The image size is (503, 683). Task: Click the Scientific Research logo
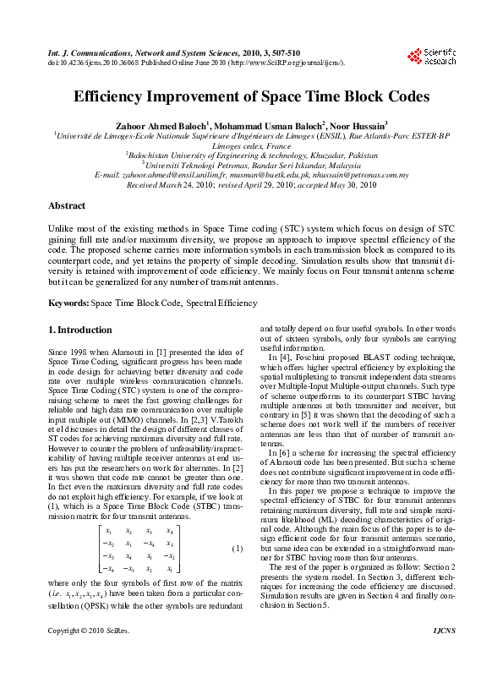pyautogui.click(x=435, y=57)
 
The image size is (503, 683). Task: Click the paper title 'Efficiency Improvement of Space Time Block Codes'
pyautogui.click(x=251, y=97)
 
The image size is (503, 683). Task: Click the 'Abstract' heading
pyautogui.click(x=67, y=205)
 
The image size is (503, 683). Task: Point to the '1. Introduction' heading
pyautogui.click(x=79, y=330)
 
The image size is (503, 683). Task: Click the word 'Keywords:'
pyautogui.click(x=68, y=302)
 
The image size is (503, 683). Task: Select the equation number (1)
pyautogui.click(x=238, y=549)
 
